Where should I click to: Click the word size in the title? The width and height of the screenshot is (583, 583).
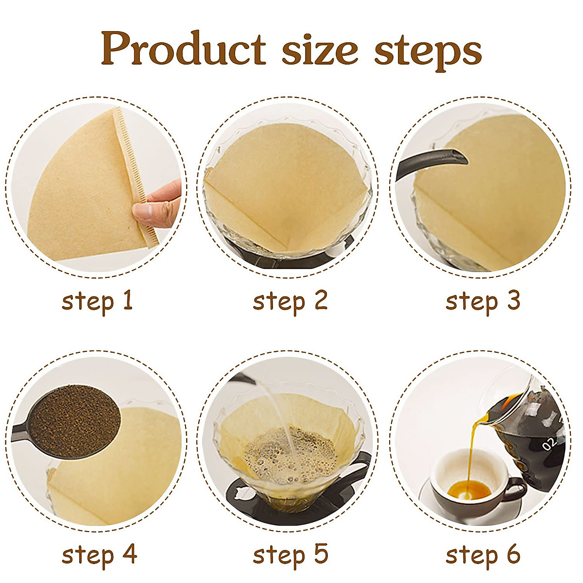[x=320, y=50]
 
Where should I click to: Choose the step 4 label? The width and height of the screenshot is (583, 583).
[x=99, y=555]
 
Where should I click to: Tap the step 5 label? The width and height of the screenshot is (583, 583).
[x=291, y=555]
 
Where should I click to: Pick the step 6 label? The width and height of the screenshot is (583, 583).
[x=483, y=555]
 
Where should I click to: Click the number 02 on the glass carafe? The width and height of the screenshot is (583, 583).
[x=549, y=444]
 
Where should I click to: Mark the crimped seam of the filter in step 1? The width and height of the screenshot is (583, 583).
[x=131, y=170]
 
